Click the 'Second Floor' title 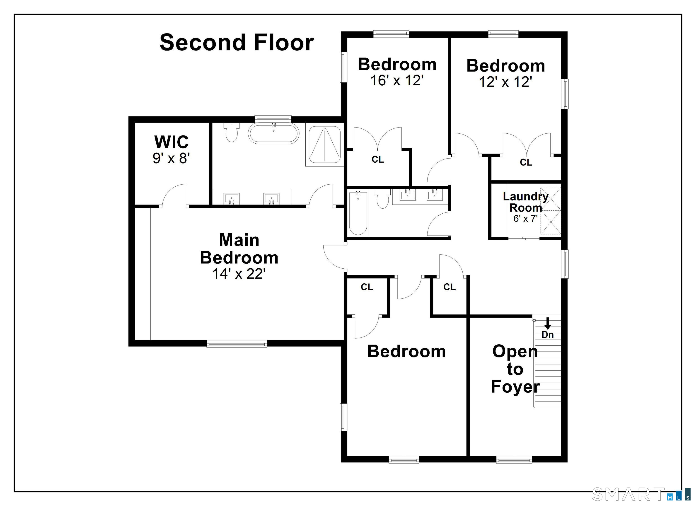tap(237, 42)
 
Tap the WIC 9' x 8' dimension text tap(171, 158)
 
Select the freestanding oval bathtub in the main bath tap(273, 134)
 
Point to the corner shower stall tap(324, 144)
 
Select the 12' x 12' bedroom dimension tap(505, 82)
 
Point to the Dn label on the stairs tap(547, 335)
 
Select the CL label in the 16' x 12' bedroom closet tap(377, 159)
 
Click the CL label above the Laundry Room tap(526, 162)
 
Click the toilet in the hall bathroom tap(382, 199)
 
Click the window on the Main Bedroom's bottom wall tap(237, 344)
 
